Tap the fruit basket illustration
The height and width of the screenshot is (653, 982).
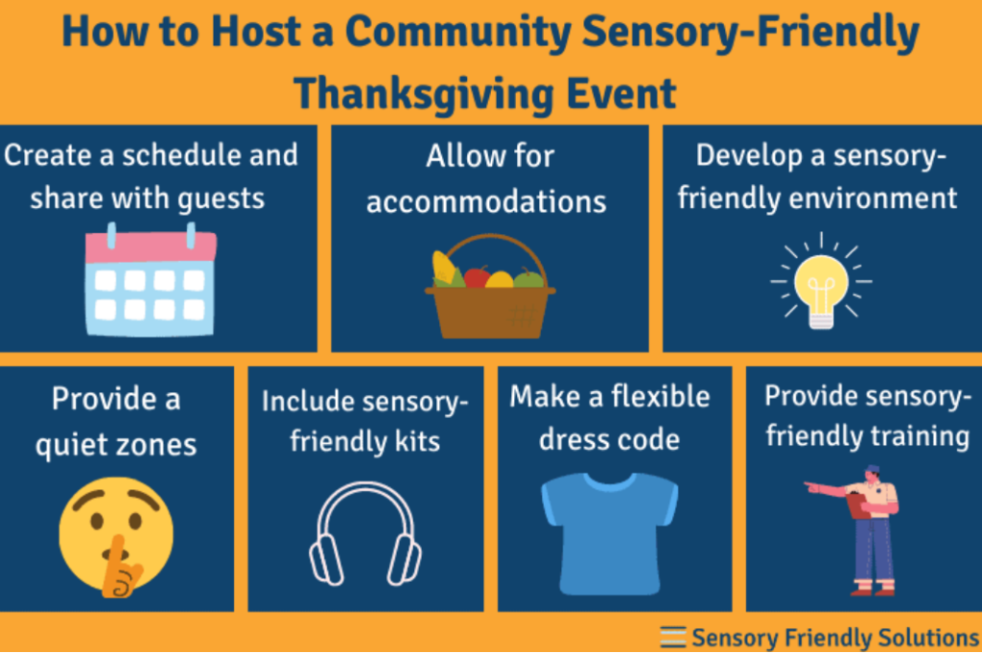[489, 288]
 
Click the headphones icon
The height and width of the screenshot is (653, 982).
[364, 534]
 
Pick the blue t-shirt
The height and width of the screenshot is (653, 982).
[609, 530]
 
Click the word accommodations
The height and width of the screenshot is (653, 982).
[486, 202]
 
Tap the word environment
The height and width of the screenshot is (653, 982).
[871, 198]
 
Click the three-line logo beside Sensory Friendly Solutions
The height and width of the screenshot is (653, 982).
[673, 636]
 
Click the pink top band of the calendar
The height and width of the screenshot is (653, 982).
[151, 247]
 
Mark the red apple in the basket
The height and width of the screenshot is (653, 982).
[477, 276]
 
